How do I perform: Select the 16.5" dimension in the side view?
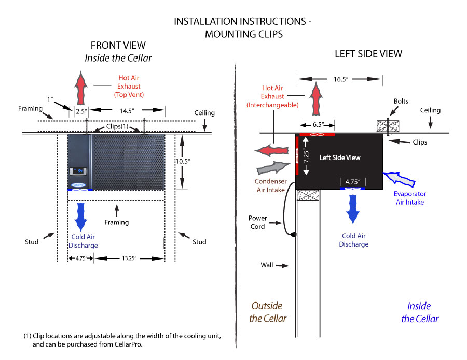[x=340, y=79]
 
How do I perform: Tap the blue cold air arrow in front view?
[x=81, y=216]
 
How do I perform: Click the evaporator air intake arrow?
[x=399, y=179]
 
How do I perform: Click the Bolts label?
[x=401, y=102]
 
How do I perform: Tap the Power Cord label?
[x=258, y=222]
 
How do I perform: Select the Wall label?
[x=267, y=265]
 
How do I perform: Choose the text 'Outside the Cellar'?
[x=268, y=312]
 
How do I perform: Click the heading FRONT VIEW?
[x=118, y=46]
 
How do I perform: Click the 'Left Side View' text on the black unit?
[x=339, y=157]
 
